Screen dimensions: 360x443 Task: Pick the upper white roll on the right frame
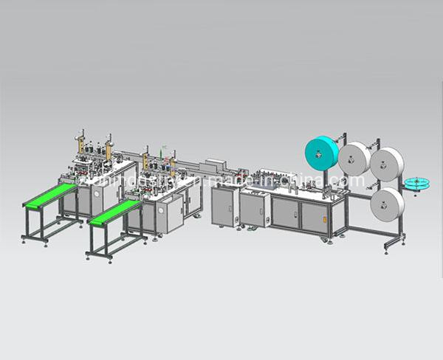(385, 162)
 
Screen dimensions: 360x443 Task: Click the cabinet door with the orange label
(223, 209)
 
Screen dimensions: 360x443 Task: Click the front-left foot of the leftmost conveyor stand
(24, 237)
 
